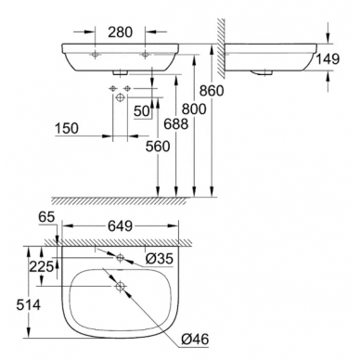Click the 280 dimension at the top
point(120,32)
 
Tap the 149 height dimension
point(328,58)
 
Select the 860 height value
point(212,91)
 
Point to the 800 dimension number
point(194,109)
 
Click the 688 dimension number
point(175,124)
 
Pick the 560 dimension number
point(158,147)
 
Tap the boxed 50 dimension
point(142,111)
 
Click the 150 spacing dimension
point(67,129)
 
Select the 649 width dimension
point(120,226)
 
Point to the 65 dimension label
point(46,216)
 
